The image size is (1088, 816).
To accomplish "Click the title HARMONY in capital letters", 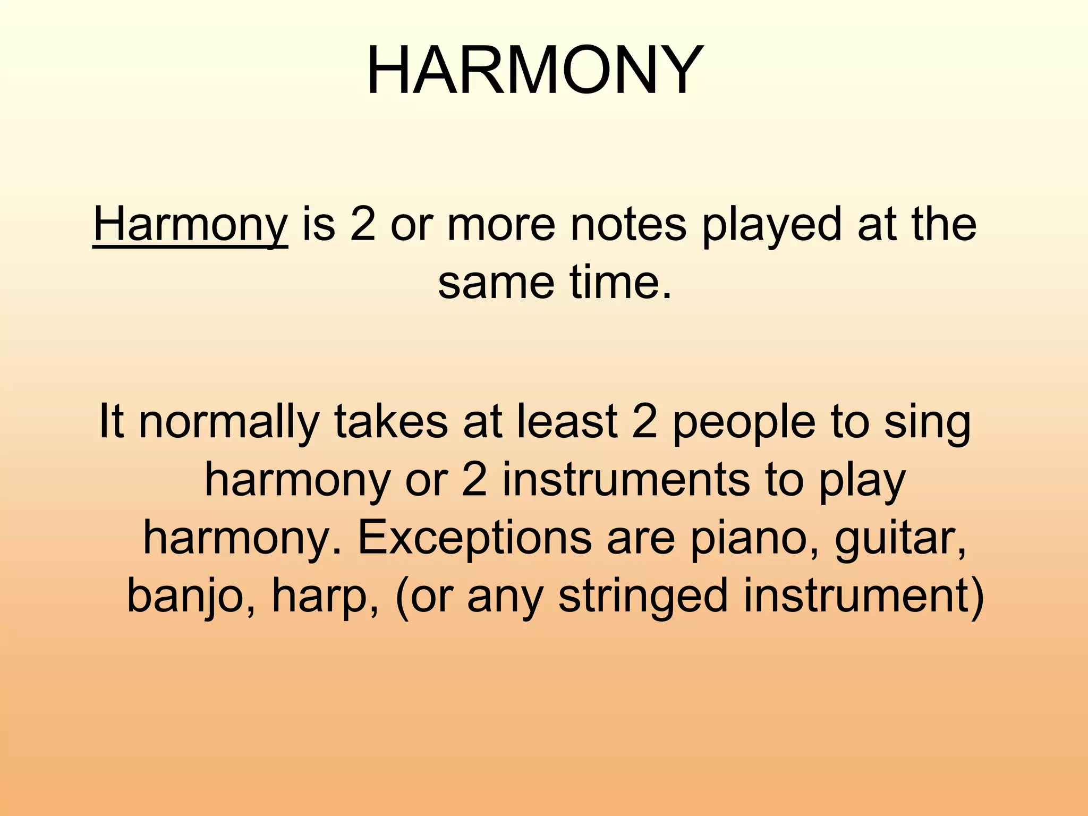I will click(x=534, y=70).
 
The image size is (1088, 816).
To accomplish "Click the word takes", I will click(x=390, y=422).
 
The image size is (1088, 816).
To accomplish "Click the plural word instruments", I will click(x=626, y=480).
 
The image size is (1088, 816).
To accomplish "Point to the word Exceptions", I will click(x=474, y=539).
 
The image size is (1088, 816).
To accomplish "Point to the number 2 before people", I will click(x=644, y=422).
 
